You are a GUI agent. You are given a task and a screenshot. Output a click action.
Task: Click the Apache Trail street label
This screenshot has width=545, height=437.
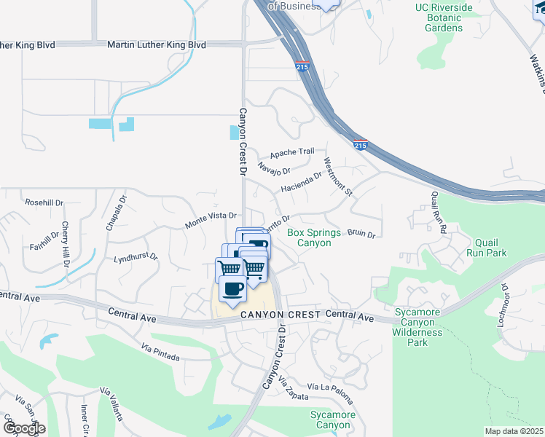291,154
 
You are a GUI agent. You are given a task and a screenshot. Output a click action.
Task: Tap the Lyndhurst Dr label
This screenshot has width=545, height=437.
136,258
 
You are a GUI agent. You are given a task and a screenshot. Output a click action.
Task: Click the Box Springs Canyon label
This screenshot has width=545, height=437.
314,237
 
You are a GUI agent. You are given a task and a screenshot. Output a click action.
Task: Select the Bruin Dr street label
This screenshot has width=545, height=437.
361,235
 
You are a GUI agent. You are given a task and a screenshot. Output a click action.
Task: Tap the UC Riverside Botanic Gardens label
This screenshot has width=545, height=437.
444,18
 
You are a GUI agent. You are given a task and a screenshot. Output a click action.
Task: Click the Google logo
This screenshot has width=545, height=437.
24,428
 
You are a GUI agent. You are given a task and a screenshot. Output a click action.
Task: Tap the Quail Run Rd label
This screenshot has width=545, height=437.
437,210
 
